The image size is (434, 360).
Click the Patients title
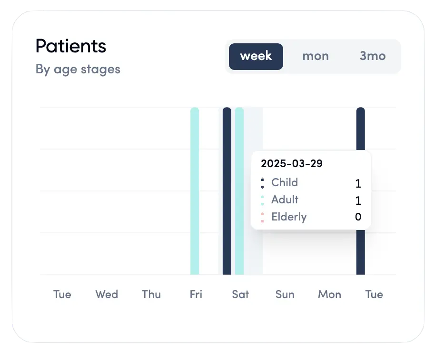click(71, 47)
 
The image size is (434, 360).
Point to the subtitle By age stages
click(78, 69)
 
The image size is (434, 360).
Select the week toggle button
click(256, 56)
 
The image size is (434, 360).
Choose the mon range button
click(316, 56)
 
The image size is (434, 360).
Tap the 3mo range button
click(373, 56)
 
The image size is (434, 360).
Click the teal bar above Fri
click(195, 190)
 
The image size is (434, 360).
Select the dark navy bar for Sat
click(227, 190)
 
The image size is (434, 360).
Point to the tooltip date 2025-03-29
click(292, 164)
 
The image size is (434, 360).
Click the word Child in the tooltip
click(285, 182)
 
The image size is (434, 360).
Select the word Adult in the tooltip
click(285, 200)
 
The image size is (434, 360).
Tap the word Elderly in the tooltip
click(289, 217)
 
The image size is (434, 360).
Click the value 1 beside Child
click(358, 183)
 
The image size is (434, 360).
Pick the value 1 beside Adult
click(358, 200)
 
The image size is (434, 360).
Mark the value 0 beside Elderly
click(358, 218)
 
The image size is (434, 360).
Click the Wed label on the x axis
click(107, 294)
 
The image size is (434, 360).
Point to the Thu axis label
click(151, 294)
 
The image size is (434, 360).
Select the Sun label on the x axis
click(285, 294)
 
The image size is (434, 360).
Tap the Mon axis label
click(330, 294)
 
